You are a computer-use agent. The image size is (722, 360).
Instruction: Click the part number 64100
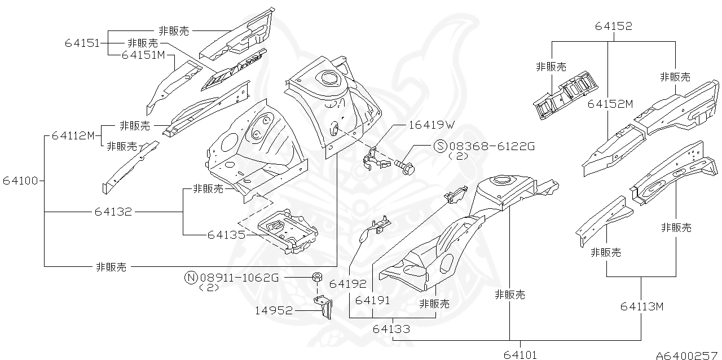[20, 181]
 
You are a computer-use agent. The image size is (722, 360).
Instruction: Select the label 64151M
[143, 55]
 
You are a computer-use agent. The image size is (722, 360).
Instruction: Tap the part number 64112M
[73, 135]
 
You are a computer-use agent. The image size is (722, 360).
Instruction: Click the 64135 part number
[226, 234]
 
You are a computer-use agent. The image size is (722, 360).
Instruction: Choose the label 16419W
[432, 125]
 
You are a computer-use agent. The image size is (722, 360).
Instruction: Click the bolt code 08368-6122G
[491, 147]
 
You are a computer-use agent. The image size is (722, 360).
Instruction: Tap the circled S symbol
[440, 147]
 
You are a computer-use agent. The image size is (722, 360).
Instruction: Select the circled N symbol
[191, 277]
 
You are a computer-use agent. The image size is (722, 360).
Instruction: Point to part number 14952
[274, 310]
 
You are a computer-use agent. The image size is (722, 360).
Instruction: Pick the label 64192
[348, 284]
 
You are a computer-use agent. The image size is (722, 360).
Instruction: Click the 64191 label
[373, 301]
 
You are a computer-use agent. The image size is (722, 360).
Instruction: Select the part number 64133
[391, 329]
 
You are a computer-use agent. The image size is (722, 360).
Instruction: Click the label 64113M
[642, 306]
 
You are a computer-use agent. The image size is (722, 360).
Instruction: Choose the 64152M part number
[610, 104]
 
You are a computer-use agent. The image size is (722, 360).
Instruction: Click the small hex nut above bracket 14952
[317, 277]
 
